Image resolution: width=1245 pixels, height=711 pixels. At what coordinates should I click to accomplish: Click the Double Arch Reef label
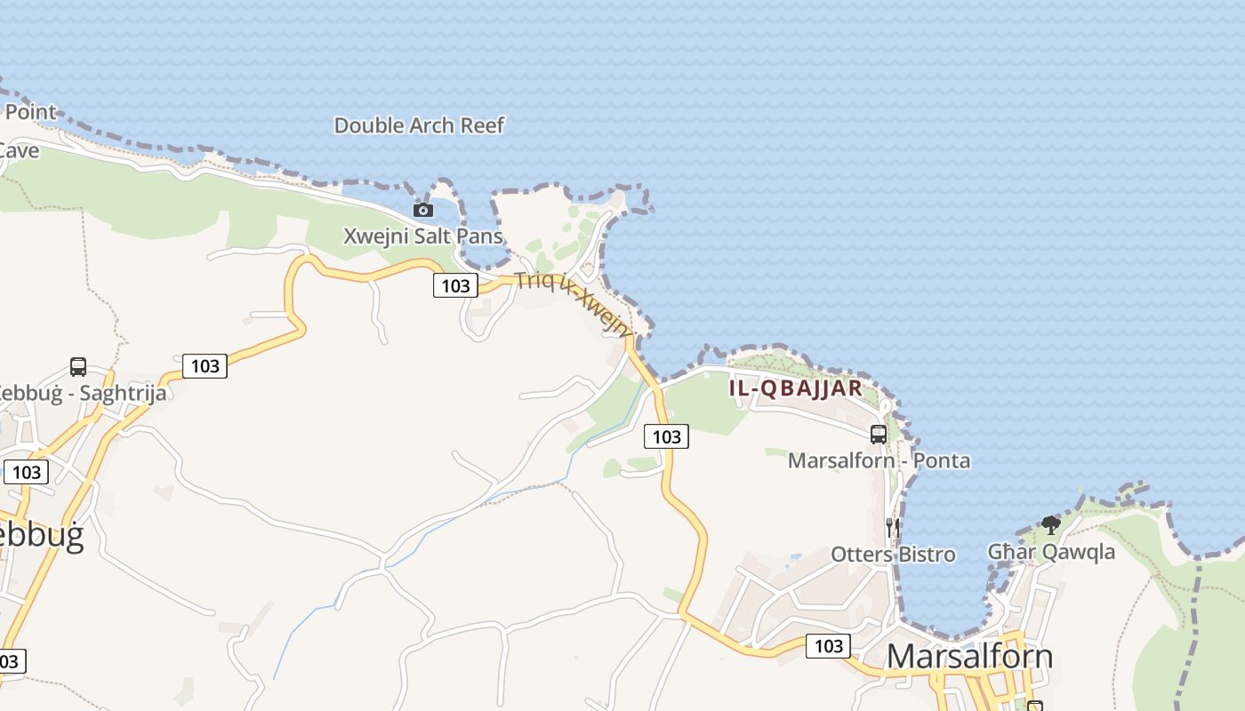pyautogui.click(x=419, y=125)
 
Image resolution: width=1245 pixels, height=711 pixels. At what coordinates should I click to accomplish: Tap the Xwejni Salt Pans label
pyautogui.click(x=423, y=236)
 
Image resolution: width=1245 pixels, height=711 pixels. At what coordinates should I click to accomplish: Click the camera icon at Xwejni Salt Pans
pyautogui.click(x=423, y=211)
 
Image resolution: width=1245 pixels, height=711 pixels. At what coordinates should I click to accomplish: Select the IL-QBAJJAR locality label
pyautogui.click(x=796, y=388)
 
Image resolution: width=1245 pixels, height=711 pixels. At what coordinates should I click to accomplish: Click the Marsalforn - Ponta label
pyautogui.click(x=879, y=460)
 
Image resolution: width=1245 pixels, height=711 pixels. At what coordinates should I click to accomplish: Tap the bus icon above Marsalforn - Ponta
pyautogui.click(x=879, y=434)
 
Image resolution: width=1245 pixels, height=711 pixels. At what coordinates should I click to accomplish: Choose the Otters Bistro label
pyautogui.click(x=893, y=555)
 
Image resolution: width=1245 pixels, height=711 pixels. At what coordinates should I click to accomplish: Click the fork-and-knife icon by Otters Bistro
pyautogui.click(x=893, y=528)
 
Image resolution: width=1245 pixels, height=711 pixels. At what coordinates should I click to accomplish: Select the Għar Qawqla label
pyautogui.click(x=1051, y=552)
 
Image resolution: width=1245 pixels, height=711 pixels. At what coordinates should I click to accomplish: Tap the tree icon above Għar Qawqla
pyautogui.click(x=1051, y=524)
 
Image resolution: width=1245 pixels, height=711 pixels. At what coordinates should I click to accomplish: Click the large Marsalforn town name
pyautogui.click(x=969, y=657)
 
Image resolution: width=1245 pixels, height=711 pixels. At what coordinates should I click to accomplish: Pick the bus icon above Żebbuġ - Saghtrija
pyautogui.click(x=78, y=366)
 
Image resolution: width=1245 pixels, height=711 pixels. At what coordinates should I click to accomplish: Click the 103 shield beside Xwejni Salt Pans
pyautogui.click(x=455, y=285)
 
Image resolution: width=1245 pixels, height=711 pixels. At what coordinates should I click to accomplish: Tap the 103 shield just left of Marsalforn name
pyautogui.click(x=828, y=646)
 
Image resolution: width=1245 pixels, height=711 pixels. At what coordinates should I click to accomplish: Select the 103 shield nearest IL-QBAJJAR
pyautogui.click(x=666, y=436)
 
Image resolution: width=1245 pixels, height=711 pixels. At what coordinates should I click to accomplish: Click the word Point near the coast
pyautogui.click(x=30, y=112)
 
